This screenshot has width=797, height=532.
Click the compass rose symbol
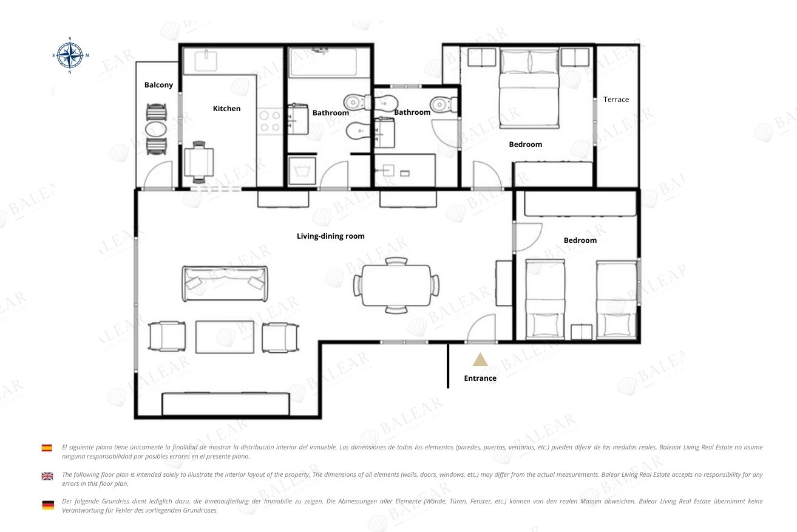tap(70, 55)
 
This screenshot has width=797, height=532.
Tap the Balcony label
tap(158, 85)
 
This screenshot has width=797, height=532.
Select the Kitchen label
tap(226, 109)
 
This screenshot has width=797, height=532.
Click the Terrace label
tap(616, 100)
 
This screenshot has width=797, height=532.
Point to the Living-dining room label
tap(331, 236)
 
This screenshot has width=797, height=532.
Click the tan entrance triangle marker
tap(480, 360)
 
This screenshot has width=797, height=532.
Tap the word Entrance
tap(480, 378)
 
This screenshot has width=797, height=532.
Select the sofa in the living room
tap(225, 284)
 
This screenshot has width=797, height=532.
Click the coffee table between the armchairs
tap(225, 337)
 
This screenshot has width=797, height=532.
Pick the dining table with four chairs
tap(396, 285)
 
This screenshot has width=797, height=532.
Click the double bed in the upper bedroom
tap(529, 88)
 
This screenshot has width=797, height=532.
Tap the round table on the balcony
tap(156, 129)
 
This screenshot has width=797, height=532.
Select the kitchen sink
tap(206, 61)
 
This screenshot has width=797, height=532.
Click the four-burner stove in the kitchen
tap(270, 121)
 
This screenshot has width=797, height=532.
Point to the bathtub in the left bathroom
tap(324, 63)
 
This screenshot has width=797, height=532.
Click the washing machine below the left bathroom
tap(302, 171)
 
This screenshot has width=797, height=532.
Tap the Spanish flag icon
tap(47, 448)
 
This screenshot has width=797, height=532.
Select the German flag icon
tap(48, 505)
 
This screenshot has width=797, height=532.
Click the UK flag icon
tap(47, 476)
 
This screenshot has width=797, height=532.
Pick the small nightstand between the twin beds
tap(582, 332)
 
